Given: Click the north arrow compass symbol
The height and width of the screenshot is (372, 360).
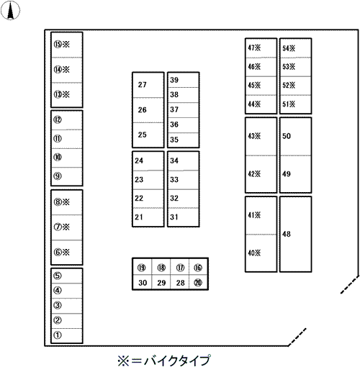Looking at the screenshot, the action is click(10, 10).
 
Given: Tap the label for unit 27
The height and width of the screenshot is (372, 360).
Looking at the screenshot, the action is click(142, 85).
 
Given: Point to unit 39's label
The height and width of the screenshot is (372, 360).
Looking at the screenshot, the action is click(174, 80).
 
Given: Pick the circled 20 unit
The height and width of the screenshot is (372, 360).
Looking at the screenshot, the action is click(198, 283).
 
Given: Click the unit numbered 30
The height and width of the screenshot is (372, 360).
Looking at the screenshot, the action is click(143, 283).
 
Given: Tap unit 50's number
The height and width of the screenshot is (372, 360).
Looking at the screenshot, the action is click(287, 136).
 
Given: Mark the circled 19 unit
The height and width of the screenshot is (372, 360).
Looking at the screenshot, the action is click(141, 268).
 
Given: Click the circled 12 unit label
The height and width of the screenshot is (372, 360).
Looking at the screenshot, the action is click(58, 119).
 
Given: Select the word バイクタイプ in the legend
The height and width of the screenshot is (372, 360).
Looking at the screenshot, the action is click(178, 360).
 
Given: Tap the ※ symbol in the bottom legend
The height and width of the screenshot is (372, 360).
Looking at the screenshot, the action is click(123, 360).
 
